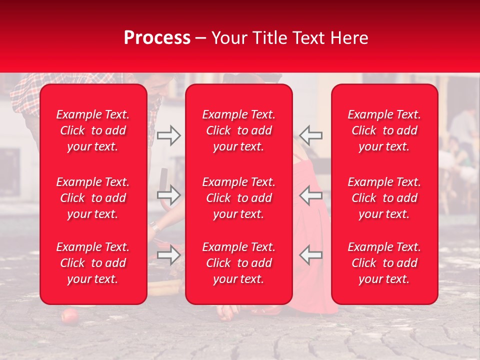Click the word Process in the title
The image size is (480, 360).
(157, 38)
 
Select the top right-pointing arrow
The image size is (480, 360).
(168, 135)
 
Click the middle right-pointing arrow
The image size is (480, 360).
(168, 195)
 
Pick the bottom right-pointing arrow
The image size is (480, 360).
(168, 254)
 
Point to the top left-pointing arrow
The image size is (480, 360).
(311, 135)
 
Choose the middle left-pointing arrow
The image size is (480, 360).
(311, 195)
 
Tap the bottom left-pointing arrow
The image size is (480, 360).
(311, 254)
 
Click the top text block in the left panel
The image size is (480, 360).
(93, 130)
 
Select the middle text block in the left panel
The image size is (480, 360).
(93, 198)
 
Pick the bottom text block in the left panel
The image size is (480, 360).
(93, 263)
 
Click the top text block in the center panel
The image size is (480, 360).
(238, 130)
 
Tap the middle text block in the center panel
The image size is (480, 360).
(238, 198)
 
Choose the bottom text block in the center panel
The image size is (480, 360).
(238, 263)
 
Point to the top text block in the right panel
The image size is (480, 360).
(384, 130)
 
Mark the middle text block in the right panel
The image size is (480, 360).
(384, 198)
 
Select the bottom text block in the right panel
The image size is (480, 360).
(384, 263)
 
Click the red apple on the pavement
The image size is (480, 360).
(68, 316)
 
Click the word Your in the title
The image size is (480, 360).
(229, 38)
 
